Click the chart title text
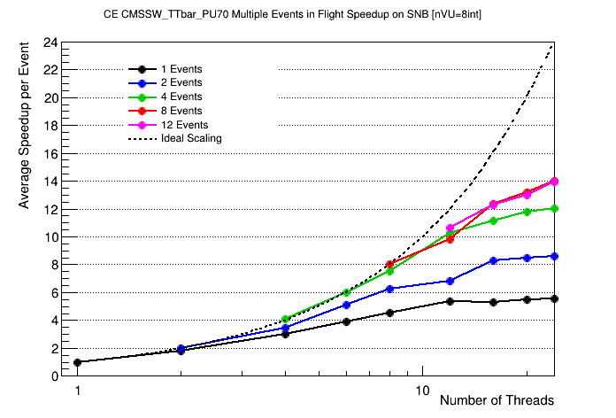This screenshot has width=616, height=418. (306, 14)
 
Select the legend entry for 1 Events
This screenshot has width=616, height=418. (181, 69)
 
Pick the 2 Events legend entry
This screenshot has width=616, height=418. (181, 82)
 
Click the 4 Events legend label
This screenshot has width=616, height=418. (181, 97)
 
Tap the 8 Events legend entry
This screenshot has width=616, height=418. (181, 111)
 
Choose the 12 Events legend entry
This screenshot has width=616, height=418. (184, 125)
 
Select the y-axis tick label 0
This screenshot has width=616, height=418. (55, 376)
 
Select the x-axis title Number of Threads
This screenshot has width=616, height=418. (497, 400)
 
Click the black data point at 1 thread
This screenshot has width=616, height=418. (78, 362)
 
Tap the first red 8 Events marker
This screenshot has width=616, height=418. (389, 264)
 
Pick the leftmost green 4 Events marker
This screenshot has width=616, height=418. (285, 319)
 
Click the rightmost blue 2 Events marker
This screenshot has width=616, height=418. (554, 256)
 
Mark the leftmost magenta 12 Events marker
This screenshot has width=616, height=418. (450, 228)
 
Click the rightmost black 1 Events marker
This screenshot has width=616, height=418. (554, 298)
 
